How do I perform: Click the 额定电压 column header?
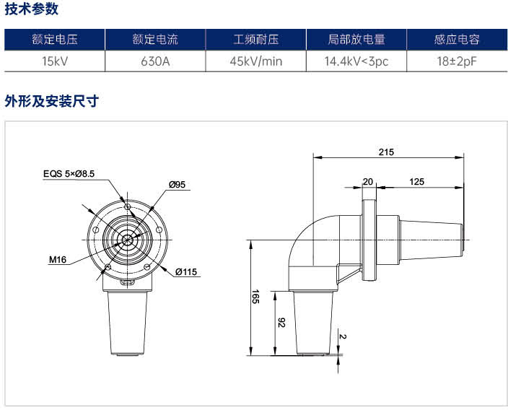click(x=55, y=40)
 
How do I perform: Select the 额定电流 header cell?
click(x=155, y=40)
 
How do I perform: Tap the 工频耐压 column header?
click(x=256, y=40)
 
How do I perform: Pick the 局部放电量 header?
click(x=356, y=40)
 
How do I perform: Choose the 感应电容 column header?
click(x=457, y=40)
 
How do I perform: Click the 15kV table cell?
click(x=55, y=61)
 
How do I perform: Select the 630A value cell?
click(x=155, y=61)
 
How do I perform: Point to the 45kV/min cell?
click(x=256, y=61)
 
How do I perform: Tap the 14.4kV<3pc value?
click(x=356, y=61)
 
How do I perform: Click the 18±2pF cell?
click(x=457, y=61)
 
